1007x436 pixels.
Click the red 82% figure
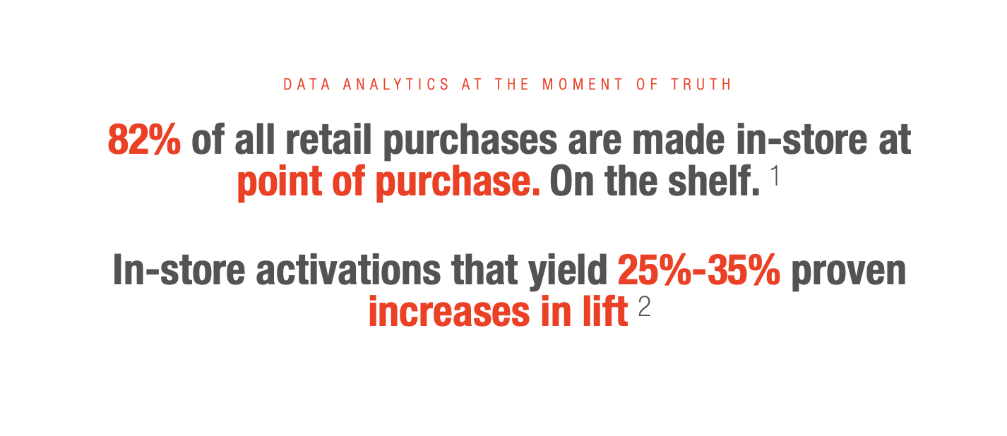click(x=144, y=140)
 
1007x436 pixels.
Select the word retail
click(x=328, y=140)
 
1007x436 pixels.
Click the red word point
click(x=280, y=183)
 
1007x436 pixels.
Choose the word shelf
click(x=714, y=181)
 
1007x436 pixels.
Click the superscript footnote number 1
click(x=775, y=176)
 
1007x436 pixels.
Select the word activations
click(x=348, y=270)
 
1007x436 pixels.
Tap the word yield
click(x=568, y=272)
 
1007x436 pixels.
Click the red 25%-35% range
click(x=699, y=270)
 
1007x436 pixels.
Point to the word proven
click(x=849, y=272)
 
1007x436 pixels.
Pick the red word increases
click(x=449, y=311)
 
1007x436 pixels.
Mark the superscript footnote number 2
click(x=644, y=307)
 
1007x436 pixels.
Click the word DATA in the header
click(x=306, y=85)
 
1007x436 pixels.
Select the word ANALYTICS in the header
click(x=395, y=85)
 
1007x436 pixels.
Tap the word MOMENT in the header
click(x=582, y=85)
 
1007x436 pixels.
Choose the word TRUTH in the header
click(x=701, y=85)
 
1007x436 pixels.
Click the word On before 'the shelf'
click(x=572, y=181)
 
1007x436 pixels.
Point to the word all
click(x=254, y=140)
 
